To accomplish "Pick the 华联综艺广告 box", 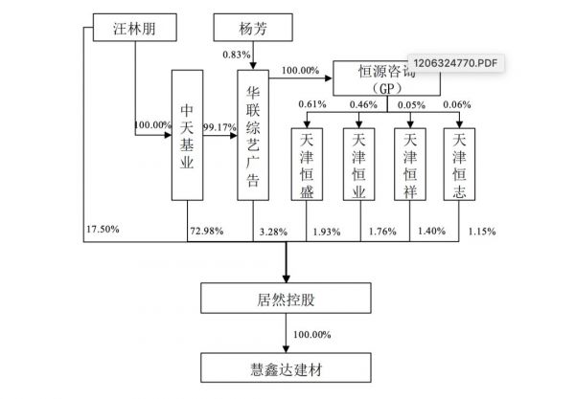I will pyautogui.click(x=253, y=135).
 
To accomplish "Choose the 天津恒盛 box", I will pyautogui.click(x=307, y=162).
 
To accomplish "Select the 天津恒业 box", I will pyautogui.click(x=360, y=162).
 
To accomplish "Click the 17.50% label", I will pyautogui.click(x=104, y=231).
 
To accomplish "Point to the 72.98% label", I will pyautogui.click(x=209, y=233).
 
